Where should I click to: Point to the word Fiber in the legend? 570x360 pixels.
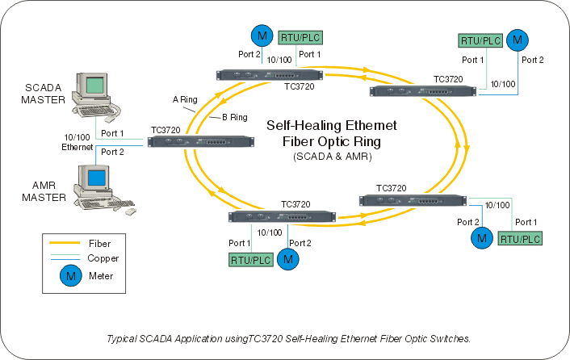pyautogui.click(x=99, y=242)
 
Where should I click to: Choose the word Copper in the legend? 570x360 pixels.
pyautogui.click(x=103, y=258)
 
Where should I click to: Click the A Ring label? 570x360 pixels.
pyautogui.click(x=185, y=100)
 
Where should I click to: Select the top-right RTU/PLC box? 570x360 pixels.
pyautogui.click(x=481, y=40)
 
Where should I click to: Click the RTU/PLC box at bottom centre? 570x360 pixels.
pyautogui.click(x=250, y=259)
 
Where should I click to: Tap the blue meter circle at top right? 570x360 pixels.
pyautogui.click(x=518, y=39)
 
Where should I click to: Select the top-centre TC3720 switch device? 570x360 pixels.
pyautogui.click(x=271, y=75)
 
